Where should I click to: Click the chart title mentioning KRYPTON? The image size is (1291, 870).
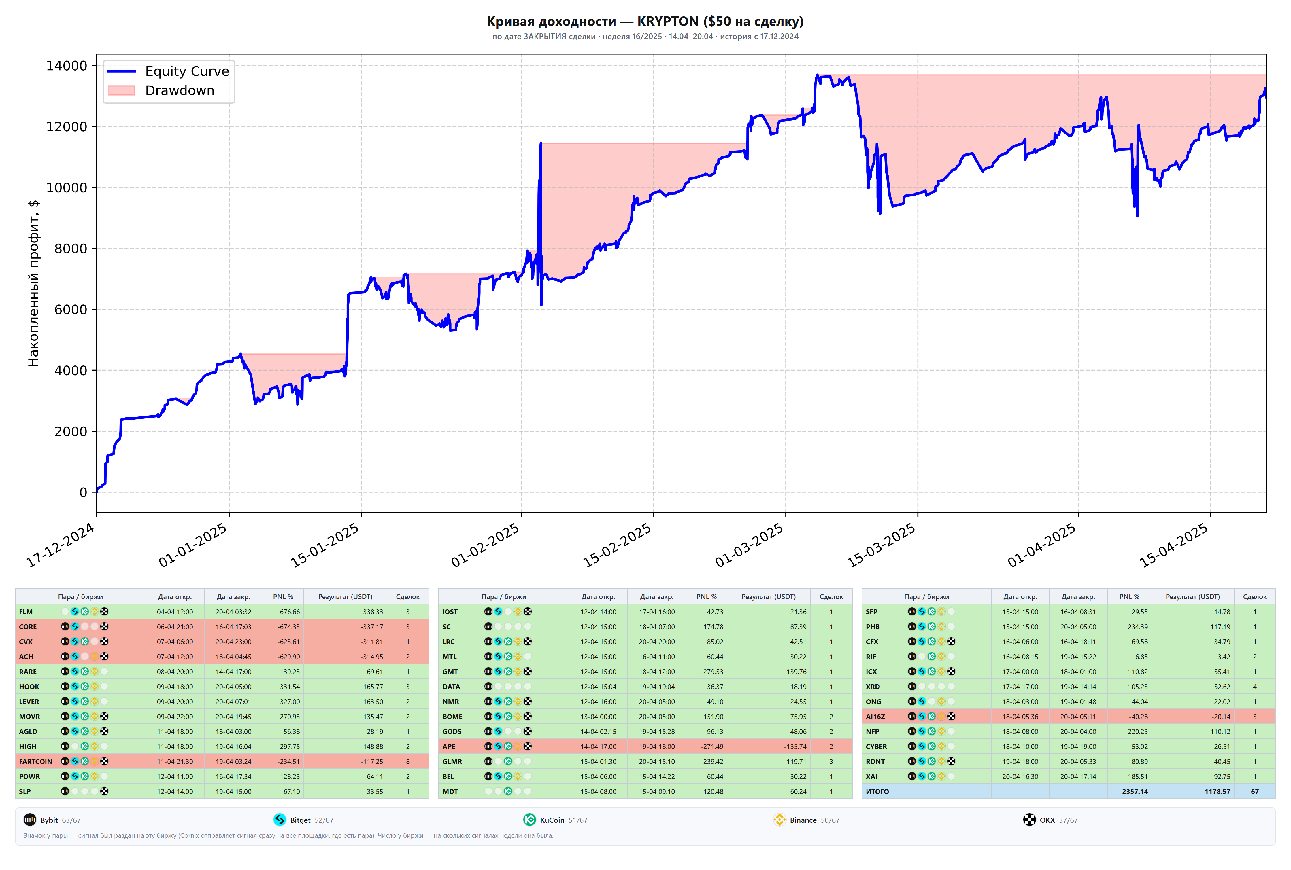click(645, 22)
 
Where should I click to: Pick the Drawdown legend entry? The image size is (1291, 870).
click(161, 90)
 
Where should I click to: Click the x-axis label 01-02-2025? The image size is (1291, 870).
click(486, 545)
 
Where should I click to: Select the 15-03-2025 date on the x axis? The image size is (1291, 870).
click(882, 545)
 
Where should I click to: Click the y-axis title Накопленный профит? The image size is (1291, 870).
click(33, 283)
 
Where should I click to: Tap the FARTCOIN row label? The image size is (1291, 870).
click(35, 761)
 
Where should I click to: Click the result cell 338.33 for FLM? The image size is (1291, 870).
click(373, 611)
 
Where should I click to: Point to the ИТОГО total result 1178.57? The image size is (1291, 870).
click(1217, 791)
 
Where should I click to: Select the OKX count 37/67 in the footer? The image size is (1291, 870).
click(1068, 820)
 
